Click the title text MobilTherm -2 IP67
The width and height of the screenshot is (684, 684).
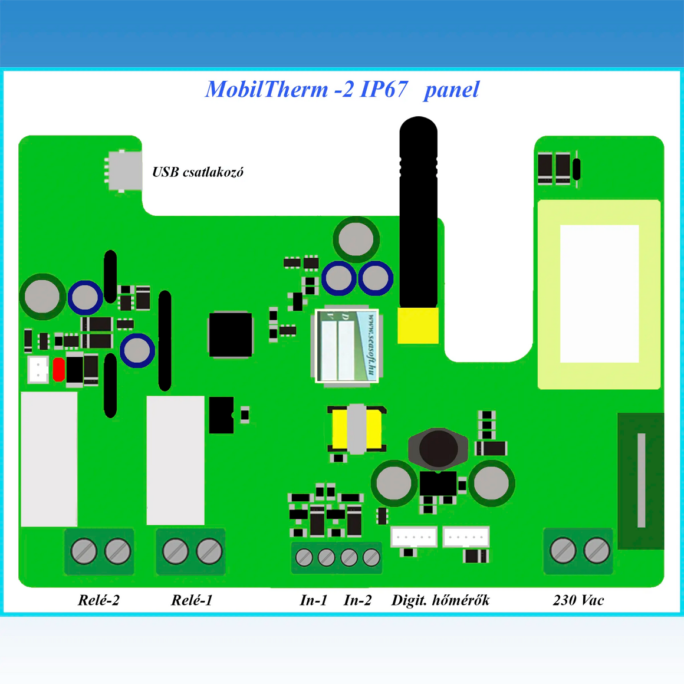[x=306, y=90]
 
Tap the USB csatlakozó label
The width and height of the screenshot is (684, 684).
[x=198, y=172]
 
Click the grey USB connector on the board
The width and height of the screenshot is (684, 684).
[x=124, y=170]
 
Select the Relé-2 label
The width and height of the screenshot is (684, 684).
[x=98, y=600]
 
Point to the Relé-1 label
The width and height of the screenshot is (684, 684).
[x=192, y=600]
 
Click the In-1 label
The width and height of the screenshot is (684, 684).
[x=313, y=600]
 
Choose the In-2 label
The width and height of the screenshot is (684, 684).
[x=357, y=600]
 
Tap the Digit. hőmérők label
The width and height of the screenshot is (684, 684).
[x=440, y=600]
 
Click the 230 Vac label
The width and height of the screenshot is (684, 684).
[x=578, y=600]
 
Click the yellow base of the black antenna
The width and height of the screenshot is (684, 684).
[x=418, y=325]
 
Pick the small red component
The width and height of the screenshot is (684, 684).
[x=58, y=370]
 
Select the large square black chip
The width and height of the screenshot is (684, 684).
[x=231, y=334]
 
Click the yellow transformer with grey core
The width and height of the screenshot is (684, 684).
[x=356, y=429]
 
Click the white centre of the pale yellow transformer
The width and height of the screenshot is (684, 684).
[x=599, y=294]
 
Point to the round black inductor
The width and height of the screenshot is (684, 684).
[x=438, y=448]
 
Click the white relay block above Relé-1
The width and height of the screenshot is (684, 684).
[x=175, y=460]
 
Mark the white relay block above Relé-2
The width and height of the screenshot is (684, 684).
[x=49, y=459]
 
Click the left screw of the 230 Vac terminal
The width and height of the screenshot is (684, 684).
[x=563, y=551]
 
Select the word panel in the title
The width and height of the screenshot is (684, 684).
[x=451, y=90]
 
